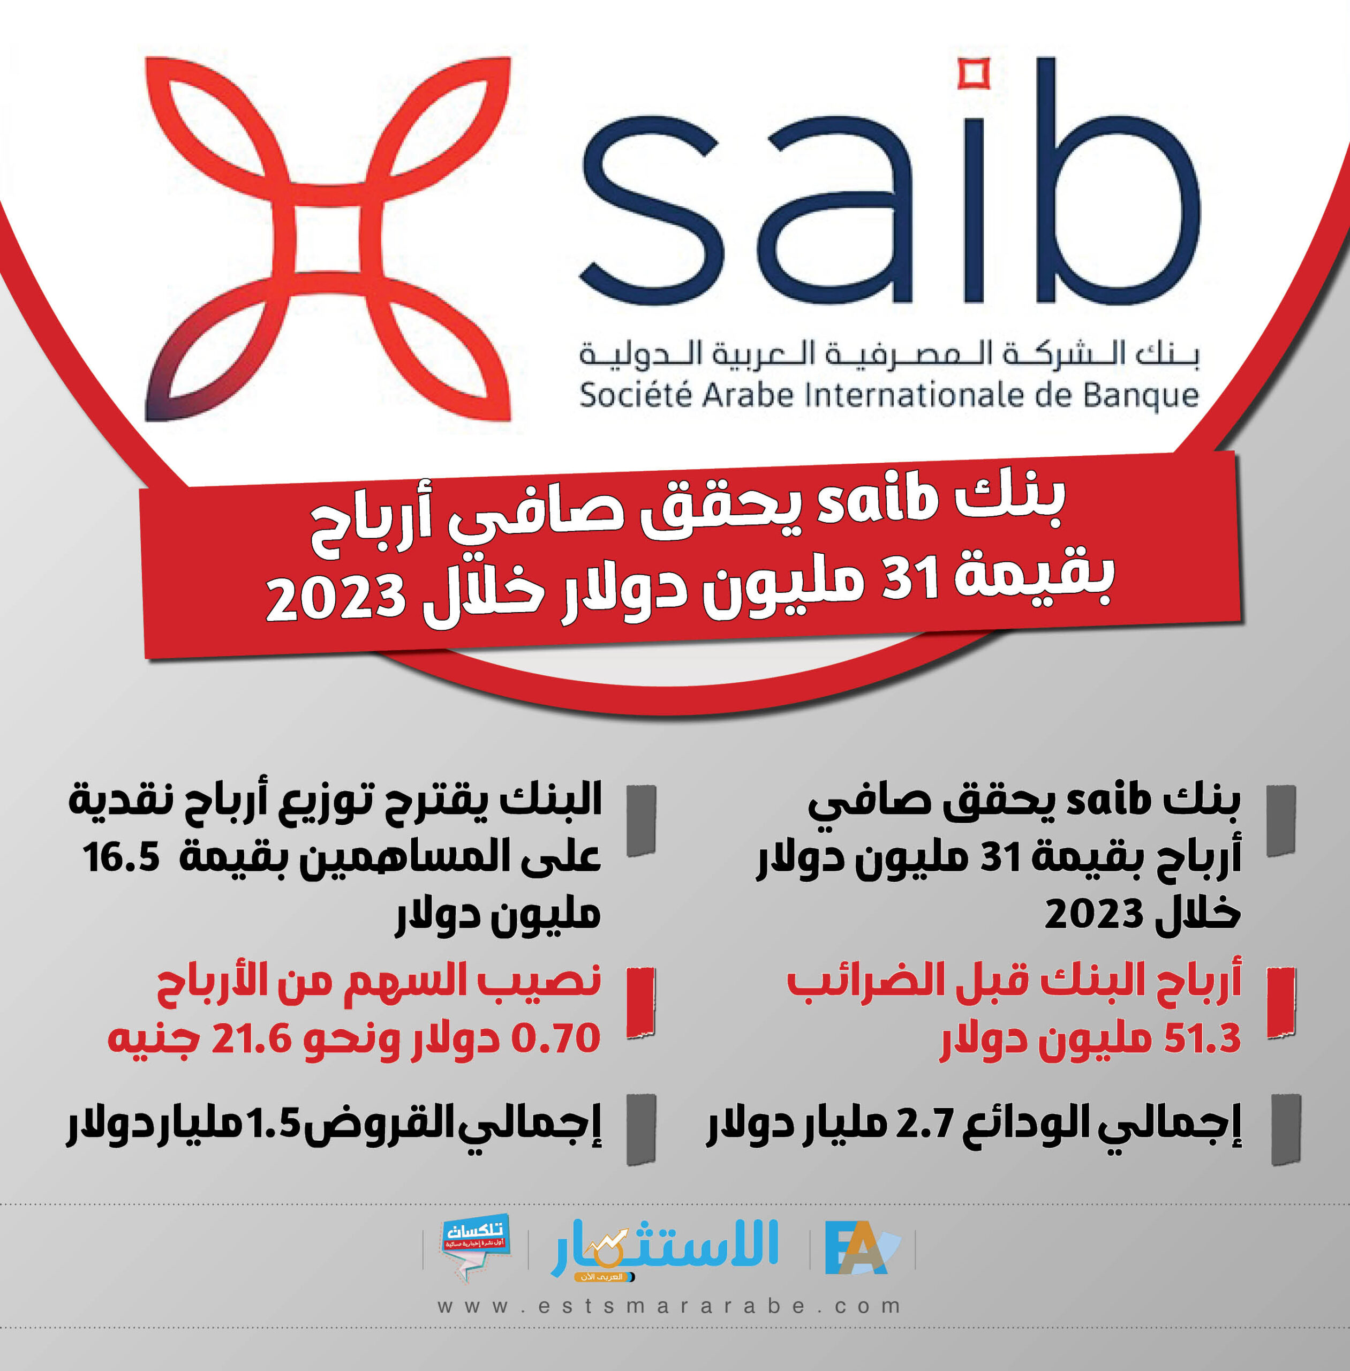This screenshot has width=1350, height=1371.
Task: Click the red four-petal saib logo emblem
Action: (x=328, y=239)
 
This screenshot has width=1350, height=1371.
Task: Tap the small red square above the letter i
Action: (x=974, y=75)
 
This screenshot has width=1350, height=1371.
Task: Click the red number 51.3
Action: (x=1202, y=1039)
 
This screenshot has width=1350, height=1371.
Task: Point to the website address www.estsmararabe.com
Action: (x=669, y=1306)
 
